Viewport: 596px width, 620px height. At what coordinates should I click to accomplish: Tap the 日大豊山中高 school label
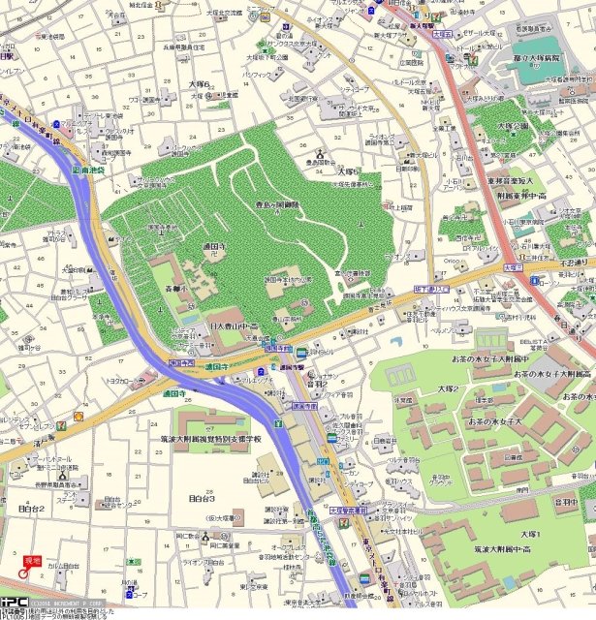pyautogui.click(x=234, y=328)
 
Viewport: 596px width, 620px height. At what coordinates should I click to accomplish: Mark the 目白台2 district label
pyautogui.click(x=32, y=508)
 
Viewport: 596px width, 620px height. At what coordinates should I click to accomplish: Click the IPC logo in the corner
pyautogui.click(x=15, y=603)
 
